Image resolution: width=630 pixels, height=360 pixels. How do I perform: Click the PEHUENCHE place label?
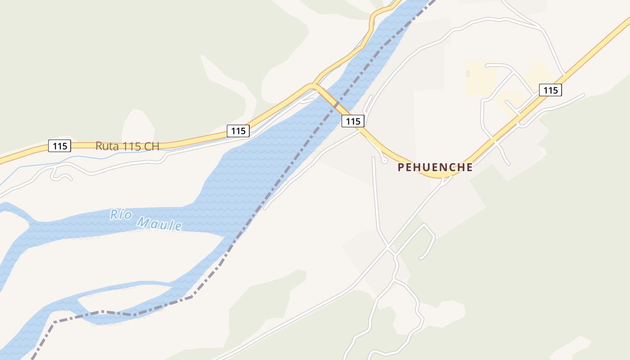coord(435,167)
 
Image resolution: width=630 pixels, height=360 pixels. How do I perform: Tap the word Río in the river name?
coord(121,215)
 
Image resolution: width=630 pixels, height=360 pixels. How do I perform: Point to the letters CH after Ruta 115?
coord(152,146)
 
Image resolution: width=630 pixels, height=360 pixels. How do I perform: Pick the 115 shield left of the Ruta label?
coord(59,146)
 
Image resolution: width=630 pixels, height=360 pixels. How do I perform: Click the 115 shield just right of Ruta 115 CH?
coord(238,131)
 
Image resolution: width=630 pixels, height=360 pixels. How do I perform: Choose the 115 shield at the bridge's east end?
coord(353,121)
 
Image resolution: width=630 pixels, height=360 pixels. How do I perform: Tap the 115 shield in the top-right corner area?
coord(550,90)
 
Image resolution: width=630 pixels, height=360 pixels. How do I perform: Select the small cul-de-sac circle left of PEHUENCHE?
coord(384,161)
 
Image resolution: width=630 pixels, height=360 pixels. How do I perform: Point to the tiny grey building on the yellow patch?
coord(468,73)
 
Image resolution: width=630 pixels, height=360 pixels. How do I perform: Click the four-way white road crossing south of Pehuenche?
coord(388,247)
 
